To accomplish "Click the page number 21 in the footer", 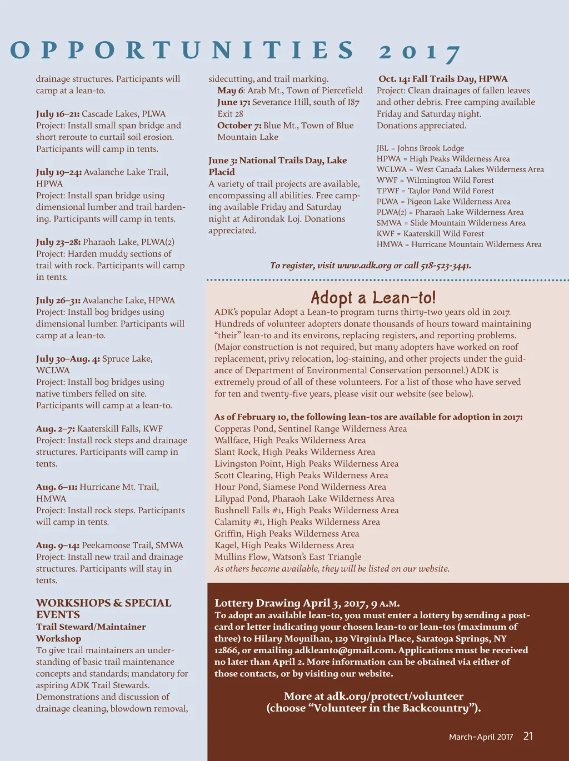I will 528,736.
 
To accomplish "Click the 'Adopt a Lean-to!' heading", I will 373,297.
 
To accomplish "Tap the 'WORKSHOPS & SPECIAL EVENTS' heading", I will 103,609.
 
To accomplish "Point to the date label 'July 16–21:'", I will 58,114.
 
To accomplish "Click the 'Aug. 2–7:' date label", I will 55,429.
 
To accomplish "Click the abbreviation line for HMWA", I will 459,244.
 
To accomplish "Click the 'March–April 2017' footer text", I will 481,737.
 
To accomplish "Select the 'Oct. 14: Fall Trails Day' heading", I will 443,79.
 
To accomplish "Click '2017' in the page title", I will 420,52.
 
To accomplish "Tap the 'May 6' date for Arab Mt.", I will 230,91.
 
